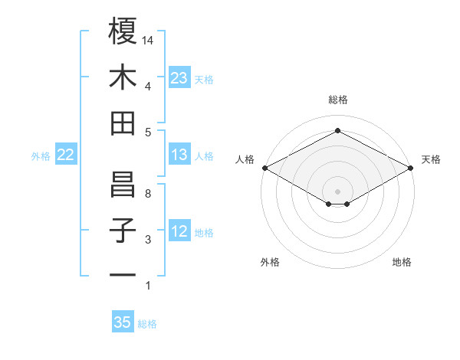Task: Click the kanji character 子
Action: click(x=123, y=231)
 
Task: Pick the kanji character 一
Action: click(x=123, y=274)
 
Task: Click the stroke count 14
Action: click(x=149, y=40)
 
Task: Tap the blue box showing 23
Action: click(x=179, y=78)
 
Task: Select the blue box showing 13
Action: click(x=179, y=155)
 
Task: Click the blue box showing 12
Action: click(x=179, y=232)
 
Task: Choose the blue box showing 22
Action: click(x=66, y=155)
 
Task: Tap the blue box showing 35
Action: click(x=123, y=322)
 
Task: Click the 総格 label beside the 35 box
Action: click(x=147, y=324)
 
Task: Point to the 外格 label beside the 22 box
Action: click(x=41, y=156)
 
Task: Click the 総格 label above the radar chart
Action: click(x=338, y=100)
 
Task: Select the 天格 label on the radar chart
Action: click(x=431, y=159)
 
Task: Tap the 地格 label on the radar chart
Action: click(x=402, y=263)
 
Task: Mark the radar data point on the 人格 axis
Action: click(x=264, y=167)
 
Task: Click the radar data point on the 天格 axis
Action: click(x=412, y=167)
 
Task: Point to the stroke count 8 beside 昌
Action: click(x=148, y=194)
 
